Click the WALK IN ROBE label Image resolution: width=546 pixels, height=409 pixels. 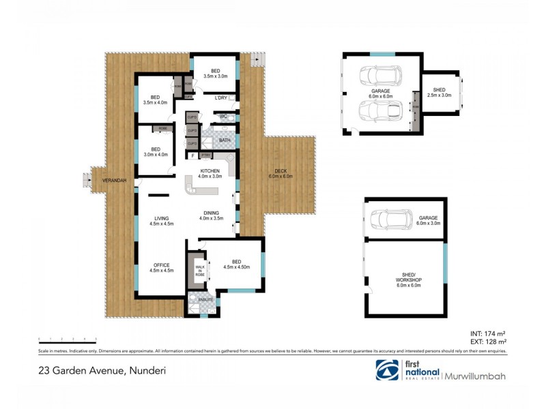[x=199, y=271]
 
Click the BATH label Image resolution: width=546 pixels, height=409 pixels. [x=225, y=140]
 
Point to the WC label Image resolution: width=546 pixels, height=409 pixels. [x=223, y=117]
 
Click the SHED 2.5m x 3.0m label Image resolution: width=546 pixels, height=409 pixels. [x=439, y=92]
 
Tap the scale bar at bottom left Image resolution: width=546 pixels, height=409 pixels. [x=67, y=339]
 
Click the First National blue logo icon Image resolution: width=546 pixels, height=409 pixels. [x=387, y=371]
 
